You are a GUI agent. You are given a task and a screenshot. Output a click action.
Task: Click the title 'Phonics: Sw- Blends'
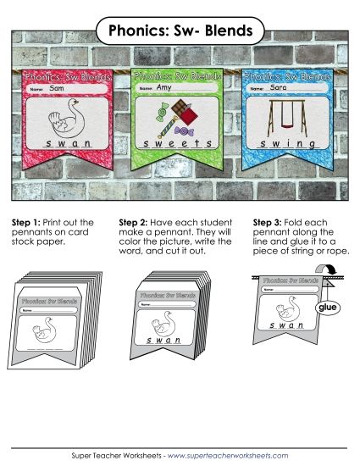coord(180,31)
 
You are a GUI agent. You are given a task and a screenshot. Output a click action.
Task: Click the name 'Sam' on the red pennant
coord(58,88)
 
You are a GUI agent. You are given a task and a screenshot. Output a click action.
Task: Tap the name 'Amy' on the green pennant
coord(164,88)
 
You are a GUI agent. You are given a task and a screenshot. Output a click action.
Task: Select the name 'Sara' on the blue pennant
coord(279,87)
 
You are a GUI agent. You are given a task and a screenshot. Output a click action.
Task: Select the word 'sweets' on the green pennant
coord(174,143)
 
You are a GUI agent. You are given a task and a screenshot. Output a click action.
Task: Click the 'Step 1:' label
coord(28,222)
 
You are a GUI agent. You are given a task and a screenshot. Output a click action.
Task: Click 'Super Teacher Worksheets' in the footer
coord(115,455)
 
